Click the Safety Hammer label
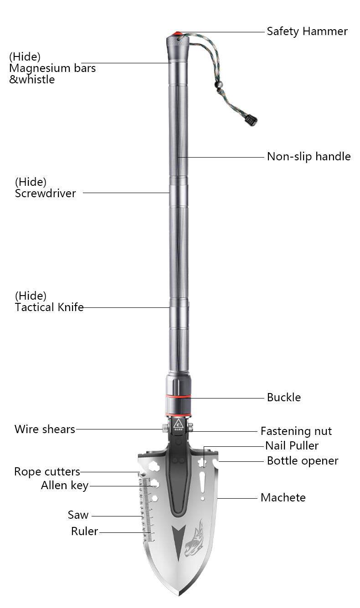click(307, 31)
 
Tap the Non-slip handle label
click(309, 157)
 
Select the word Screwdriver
click(45, 193)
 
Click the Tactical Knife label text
click(49, 307)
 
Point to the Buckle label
click(283, 397)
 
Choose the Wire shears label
click(45, 429)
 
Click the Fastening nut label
click(296, 431)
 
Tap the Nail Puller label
click(292, 445)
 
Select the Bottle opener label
click(302, 460)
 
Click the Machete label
click(283, 497)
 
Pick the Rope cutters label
click(47, 471)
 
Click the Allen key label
click(65, 485)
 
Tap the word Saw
click(78, 515)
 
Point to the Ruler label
click(84, 531)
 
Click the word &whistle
click(32, 79)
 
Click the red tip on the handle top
click(177, 34)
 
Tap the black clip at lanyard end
click(250, 121)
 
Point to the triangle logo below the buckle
click(178, 424)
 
